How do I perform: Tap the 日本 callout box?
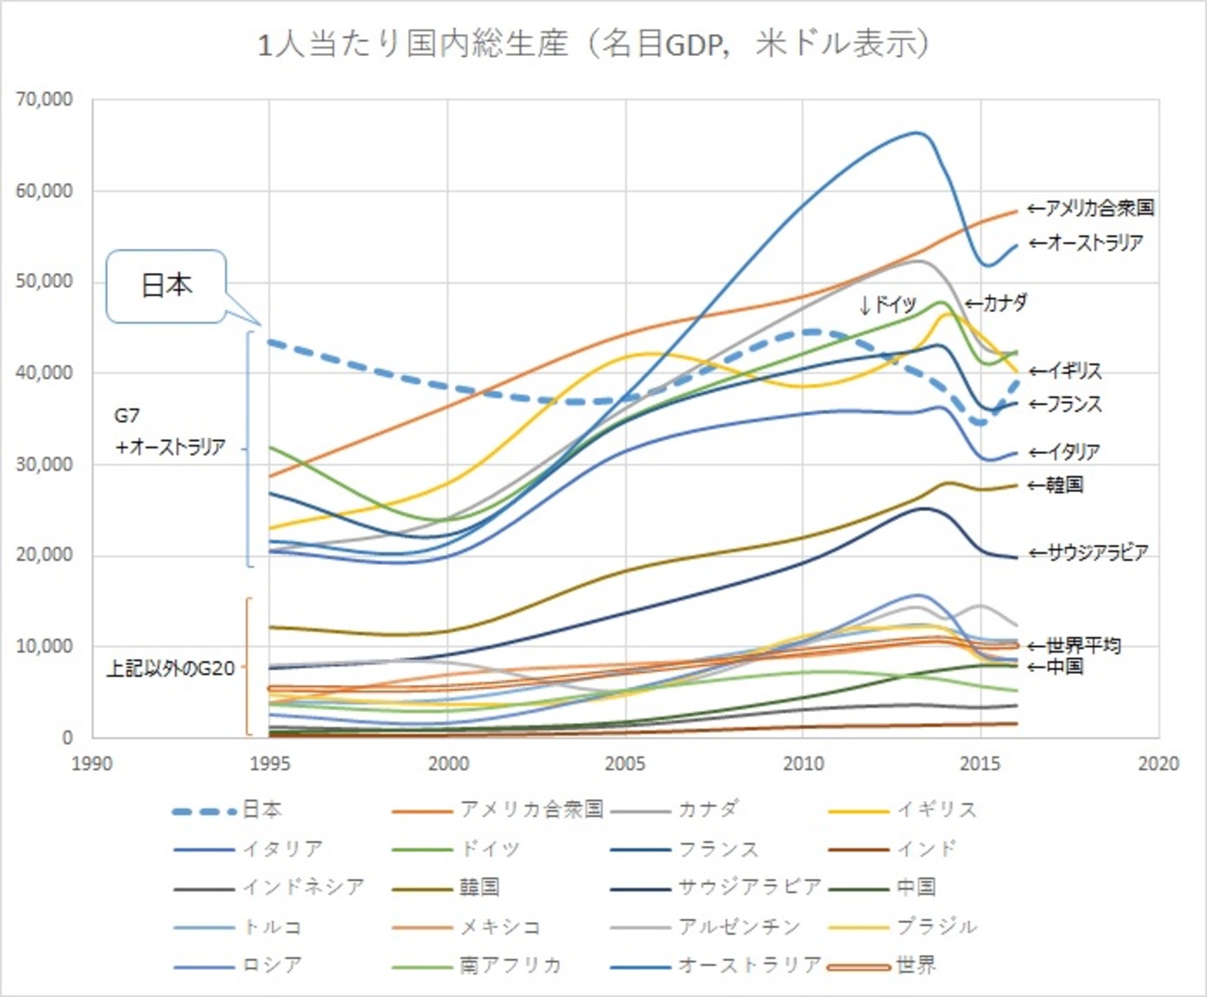coord(166,286)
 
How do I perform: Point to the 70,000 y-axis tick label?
coord(44,99)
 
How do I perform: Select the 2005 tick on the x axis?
coord(625,764)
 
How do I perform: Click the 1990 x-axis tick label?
coord(91,764)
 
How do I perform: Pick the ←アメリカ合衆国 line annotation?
coord(1091,208)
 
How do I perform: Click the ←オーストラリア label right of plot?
coord(1085,243)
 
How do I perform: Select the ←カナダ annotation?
coord(995,303)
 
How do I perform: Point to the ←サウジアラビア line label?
coord(1088,553)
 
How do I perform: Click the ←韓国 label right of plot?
coord(1056,485)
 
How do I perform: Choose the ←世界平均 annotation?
coord(1074,645)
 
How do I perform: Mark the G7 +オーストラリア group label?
coord(169,432)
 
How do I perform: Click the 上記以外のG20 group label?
coord(170,668)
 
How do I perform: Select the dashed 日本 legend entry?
coord(227,810)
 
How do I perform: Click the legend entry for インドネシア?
coord(269,887)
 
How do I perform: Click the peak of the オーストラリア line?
coord(917,133)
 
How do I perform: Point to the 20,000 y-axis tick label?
coord(44,555)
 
